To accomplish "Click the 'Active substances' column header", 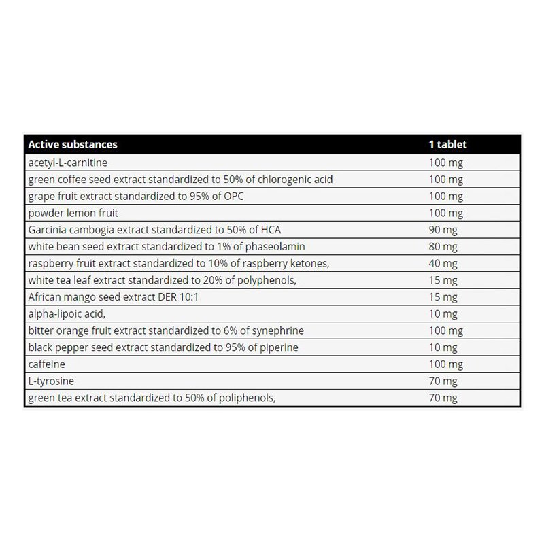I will pyautogui.click(x=72, y=144).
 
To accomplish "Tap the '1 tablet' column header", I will pyautogui.click(x=447, y=144).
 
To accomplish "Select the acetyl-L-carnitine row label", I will pyautogui.click(x=68, y=163).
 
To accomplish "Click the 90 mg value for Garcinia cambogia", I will pyautogui.click(x=443, y=229).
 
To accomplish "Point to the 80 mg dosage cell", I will pyautogui.click(x=443, y=246).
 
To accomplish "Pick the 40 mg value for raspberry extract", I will pyautogui.click(x=443, y=263).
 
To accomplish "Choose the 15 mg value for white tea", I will pyautogui.click(x=443, y=280).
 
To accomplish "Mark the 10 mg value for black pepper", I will pyautogui.click(x=443, y=347).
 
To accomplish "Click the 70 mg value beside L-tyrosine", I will pyautogui.click(x=443, y=381).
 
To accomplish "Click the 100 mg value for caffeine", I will pyautogui.click(x=445, y=364).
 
